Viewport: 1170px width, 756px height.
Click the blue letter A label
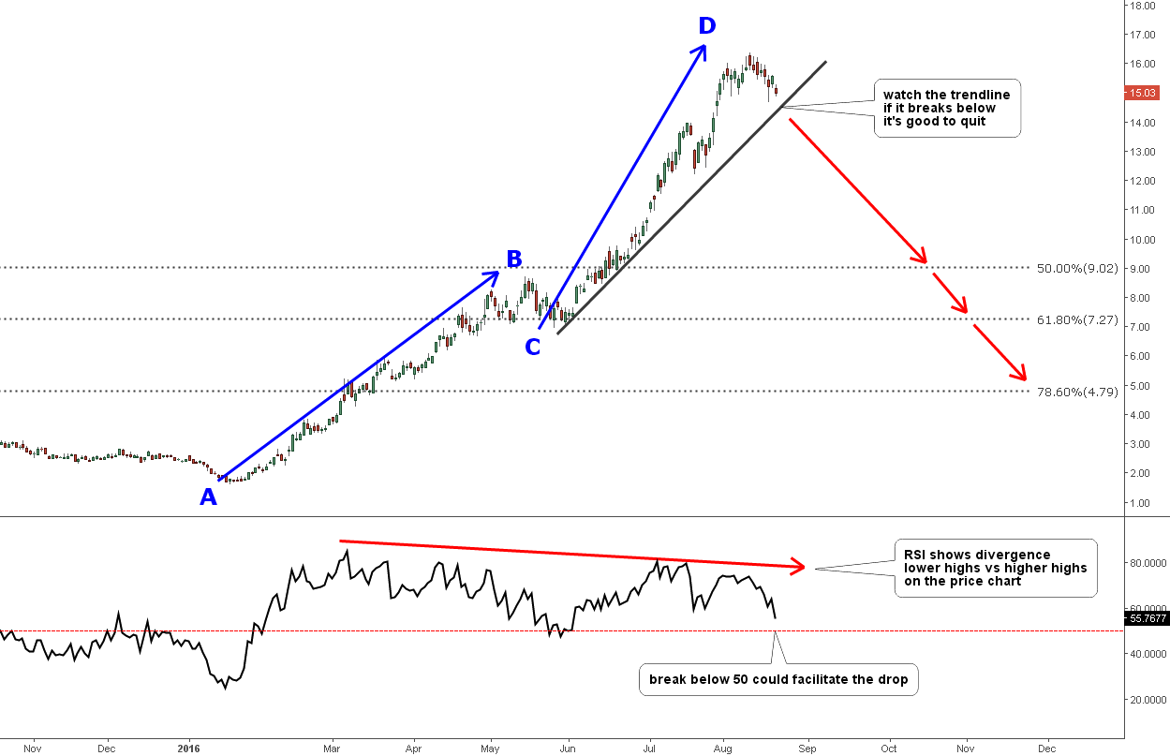[208, 497]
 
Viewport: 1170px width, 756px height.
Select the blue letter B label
[513, 259]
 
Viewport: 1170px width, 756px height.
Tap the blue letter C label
[532, 347]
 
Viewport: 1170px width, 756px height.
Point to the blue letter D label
[706, 25]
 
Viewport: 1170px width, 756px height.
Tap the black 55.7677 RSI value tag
[1145, 618]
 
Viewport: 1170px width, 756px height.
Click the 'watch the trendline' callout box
[946, 109]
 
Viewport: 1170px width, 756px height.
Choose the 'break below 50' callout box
[778, 679]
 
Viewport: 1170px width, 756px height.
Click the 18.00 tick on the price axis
[1142, 6]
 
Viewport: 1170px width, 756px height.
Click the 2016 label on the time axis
[190, 749]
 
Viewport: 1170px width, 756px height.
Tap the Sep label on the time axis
[807, 749]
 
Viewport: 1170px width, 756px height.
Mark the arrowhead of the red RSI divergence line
[799, 566]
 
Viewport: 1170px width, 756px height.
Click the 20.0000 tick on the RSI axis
[1145, 700]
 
